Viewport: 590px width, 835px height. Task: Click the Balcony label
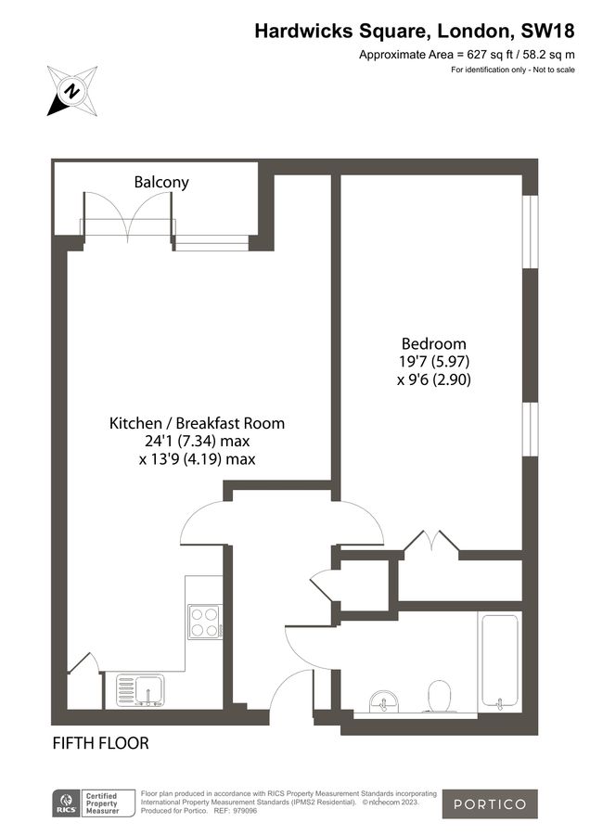161,182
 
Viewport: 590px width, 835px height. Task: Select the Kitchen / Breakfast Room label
197,423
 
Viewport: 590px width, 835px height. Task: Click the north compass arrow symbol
71,91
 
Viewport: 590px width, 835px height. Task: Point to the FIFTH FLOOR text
100,743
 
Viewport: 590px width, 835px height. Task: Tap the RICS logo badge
67,803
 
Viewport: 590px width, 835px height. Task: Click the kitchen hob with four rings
203,621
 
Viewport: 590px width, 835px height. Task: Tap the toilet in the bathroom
439,696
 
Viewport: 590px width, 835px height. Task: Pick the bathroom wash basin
380,702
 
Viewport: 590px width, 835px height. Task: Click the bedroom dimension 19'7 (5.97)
428,361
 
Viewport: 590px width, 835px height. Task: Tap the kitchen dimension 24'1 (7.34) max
197,441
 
